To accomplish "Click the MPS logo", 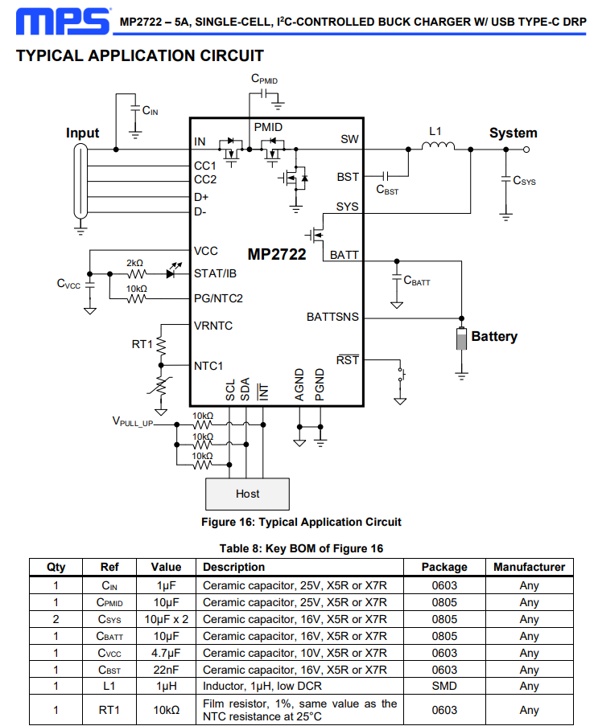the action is point(64,21).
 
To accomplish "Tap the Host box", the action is point(248,494).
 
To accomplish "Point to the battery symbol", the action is point(461,338).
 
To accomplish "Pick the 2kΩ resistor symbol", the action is point(136,274).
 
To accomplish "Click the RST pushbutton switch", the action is point(402,374).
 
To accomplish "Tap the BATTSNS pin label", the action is point(332,317).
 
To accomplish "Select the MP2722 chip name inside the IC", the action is point(277,254).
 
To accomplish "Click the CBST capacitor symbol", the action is point(386,176).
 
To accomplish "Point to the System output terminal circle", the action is point(526,150).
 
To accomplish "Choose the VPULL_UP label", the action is point(133,422).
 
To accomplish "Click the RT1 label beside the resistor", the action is point(142,344).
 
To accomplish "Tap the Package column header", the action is point(444,567).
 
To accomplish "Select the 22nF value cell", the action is point(166,670).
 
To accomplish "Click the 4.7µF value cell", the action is point(166,654).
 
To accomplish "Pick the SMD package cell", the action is point(444,686).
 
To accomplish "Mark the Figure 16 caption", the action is point(301,523).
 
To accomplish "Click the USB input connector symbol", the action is point(80,181).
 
